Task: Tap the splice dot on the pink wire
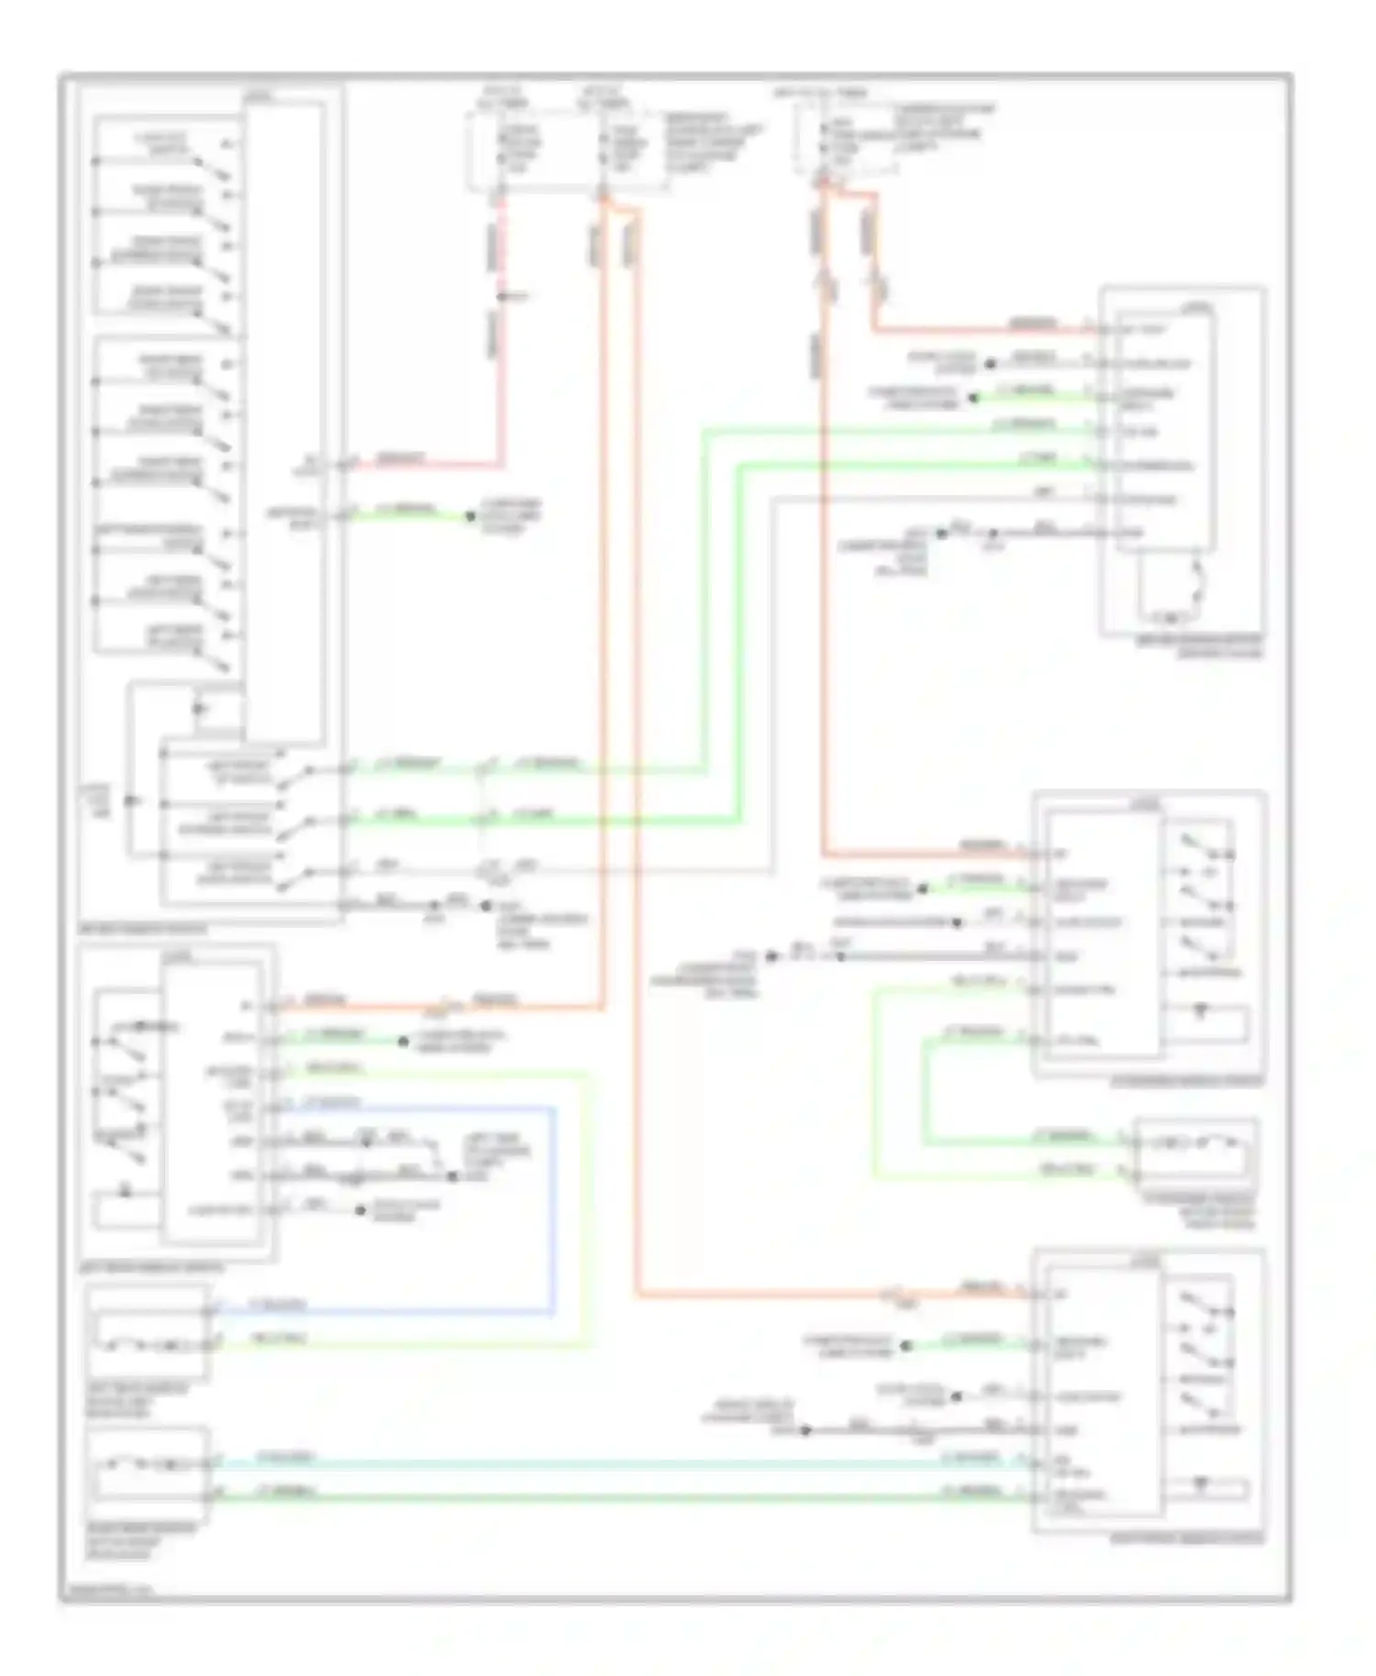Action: (502, 297)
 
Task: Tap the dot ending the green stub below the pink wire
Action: (471, 517)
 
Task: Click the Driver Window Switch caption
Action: (142, 929)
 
